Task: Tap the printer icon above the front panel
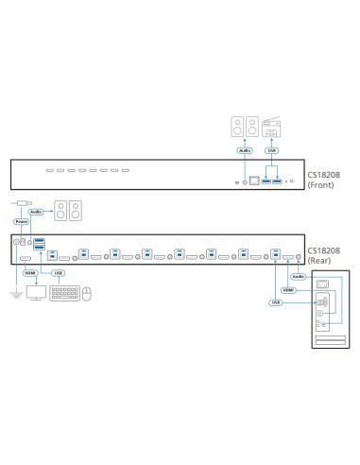[273, 125]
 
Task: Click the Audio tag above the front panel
[245, 149]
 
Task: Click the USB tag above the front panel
[272, 149]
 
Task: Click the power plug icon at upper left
[21, 203]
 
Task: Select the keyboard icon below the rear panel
[62, 292]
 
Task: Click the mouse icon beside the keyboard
[86, 293]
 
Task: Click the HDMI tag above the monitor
[29, 274]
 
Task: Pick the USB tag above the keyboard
[60, 274]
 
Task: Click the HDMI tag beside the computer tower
[289, 291]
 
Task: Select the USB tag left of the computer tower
[276, 302]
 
